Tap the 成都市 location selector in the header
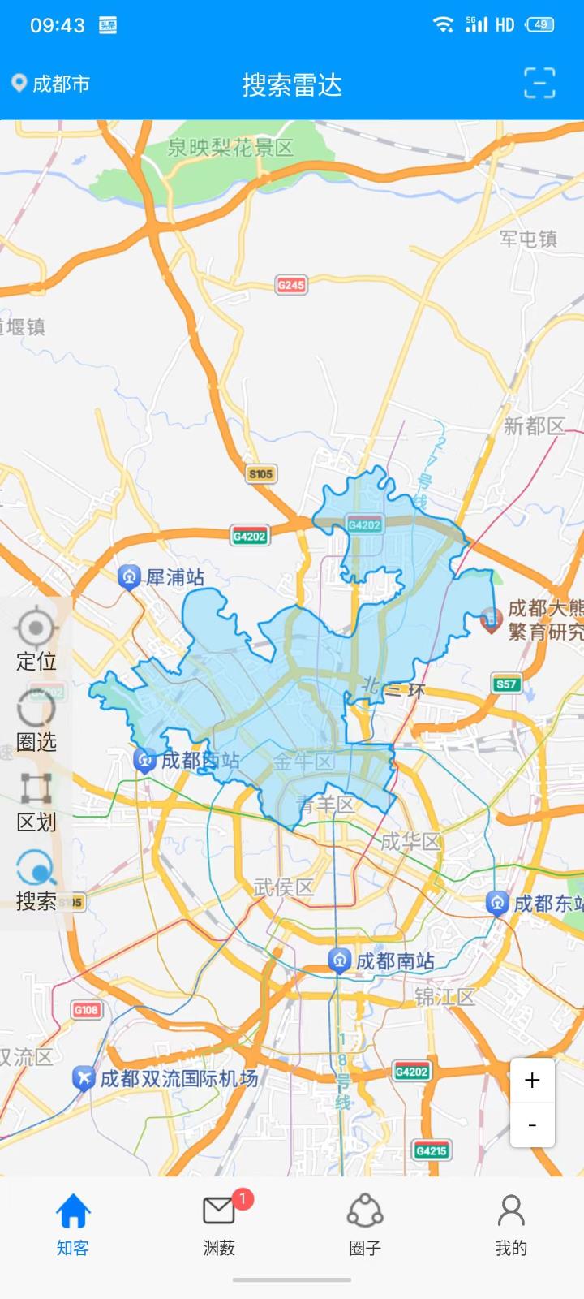point(50,84)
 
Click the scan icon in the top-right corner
point(539,84)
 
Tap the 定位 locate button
point(36,638)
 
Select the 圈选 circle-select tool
point(36,719)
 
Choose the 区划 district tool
point(36,800)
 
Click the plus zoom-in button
point(532,1081)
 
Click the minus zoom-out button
point(532,1125)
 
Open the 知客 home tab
point(73,1224)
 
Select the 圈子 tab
point(365,1224)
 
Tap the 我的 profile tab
point(511,1224)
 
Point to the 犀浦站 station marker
point(129,577)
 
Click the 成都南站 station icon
point(339,961)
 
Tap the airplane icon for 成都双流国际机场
point(84,1078)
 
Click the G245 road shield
point(291,285)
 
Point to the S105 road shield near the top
point(260,473)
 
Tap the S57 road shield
point(507,684)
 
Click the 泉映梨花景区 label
point(230,148)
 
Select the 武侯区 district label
point(283,887)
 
